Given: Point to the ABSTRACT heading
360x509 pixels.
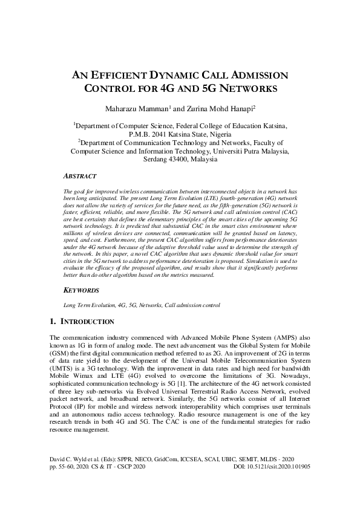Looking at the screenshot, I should coord(79,176).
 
